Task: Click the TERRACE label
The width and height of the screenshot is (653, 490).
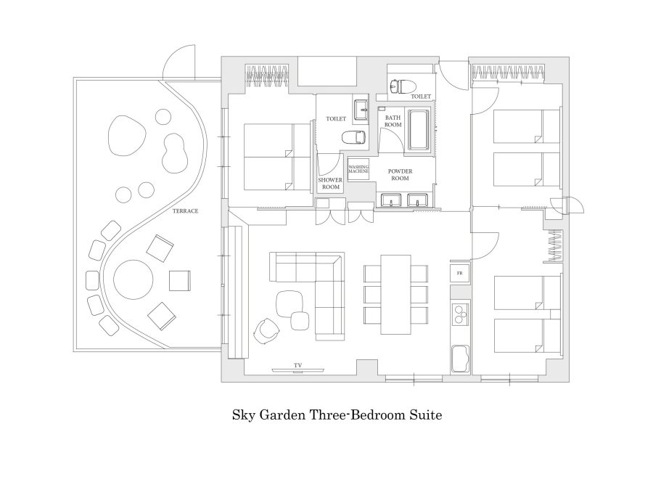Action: point(185,211)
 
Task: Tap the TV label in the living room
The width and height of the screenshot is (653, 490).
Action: point(297,365)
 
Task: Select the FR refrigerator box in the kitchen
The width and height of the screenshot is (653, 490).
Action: point(460,274)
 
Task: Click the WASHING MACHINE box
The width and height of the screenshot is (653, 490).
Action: point(358,169)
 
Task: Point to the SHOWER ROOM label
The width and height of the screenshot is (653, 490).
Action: point(330,184)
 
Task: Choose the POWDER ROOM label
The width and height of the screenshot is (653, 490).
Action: point(400,174)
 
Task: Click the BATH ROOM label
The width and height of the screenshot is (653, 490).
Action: point(393,121)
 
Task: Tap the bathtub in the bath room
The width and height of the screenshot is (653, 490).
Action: point(419,130)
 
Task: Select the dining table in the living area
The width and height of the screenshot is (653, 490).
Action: point(395,295)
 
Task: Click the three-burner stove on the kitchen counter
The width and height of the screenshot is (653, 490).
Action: point(460,314)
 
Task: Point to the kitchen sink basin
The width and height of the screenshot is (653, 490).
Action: point(460,359)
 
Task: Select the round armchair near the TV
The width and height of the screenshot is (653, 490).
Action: point(266,331)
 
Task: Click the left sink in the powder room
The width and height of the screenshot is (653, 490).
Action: point(391,200)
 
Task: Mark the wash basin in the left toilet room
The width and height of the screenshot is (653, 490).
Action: point(361,111)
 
